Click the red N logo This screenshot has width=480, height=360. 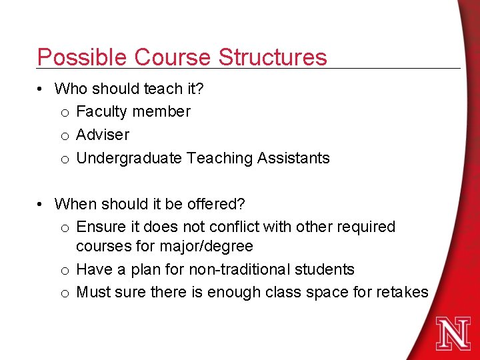453,333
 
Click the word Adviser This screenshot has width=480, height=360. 103,135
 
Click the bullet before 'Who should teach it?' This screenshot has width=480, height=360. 41,89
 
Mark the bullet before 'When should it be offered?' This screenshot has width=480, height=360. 41,203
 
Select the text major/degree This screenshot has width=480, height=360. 206,247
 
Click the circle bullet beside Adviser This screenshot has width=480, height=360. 64,135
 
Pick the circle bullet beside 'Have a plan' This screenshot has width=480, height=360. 64,270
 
